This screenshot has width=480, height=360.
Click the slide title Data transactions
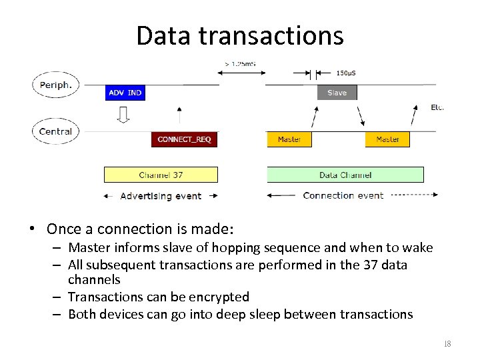coord(240,35)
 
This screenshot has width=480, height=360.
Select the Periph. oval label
coord(56,85)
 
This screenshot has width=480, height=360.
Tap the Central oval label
coord(56,131)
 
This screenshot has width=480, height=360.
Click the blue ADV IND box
coord(125,93)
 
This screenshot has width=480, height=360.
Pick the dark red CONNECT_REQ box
coord(185,139)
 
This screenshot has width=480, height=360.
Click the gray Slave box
coord(337,93)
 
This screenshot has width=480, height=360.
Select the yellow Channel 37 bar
coord(161,175)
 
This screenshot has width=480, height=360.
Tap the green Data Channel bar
coord(345,175)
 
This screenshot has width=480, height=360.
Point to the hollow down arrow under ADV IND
coord(123,115)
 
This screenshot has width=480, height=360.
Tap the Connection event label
coord(343,195)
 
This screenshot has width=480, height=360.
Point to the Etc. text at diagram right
coord(437,107)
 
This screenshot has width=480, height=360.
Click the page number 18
coord(447,344)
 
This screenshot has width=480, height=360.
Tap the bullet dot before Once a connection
coord(32,229)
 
